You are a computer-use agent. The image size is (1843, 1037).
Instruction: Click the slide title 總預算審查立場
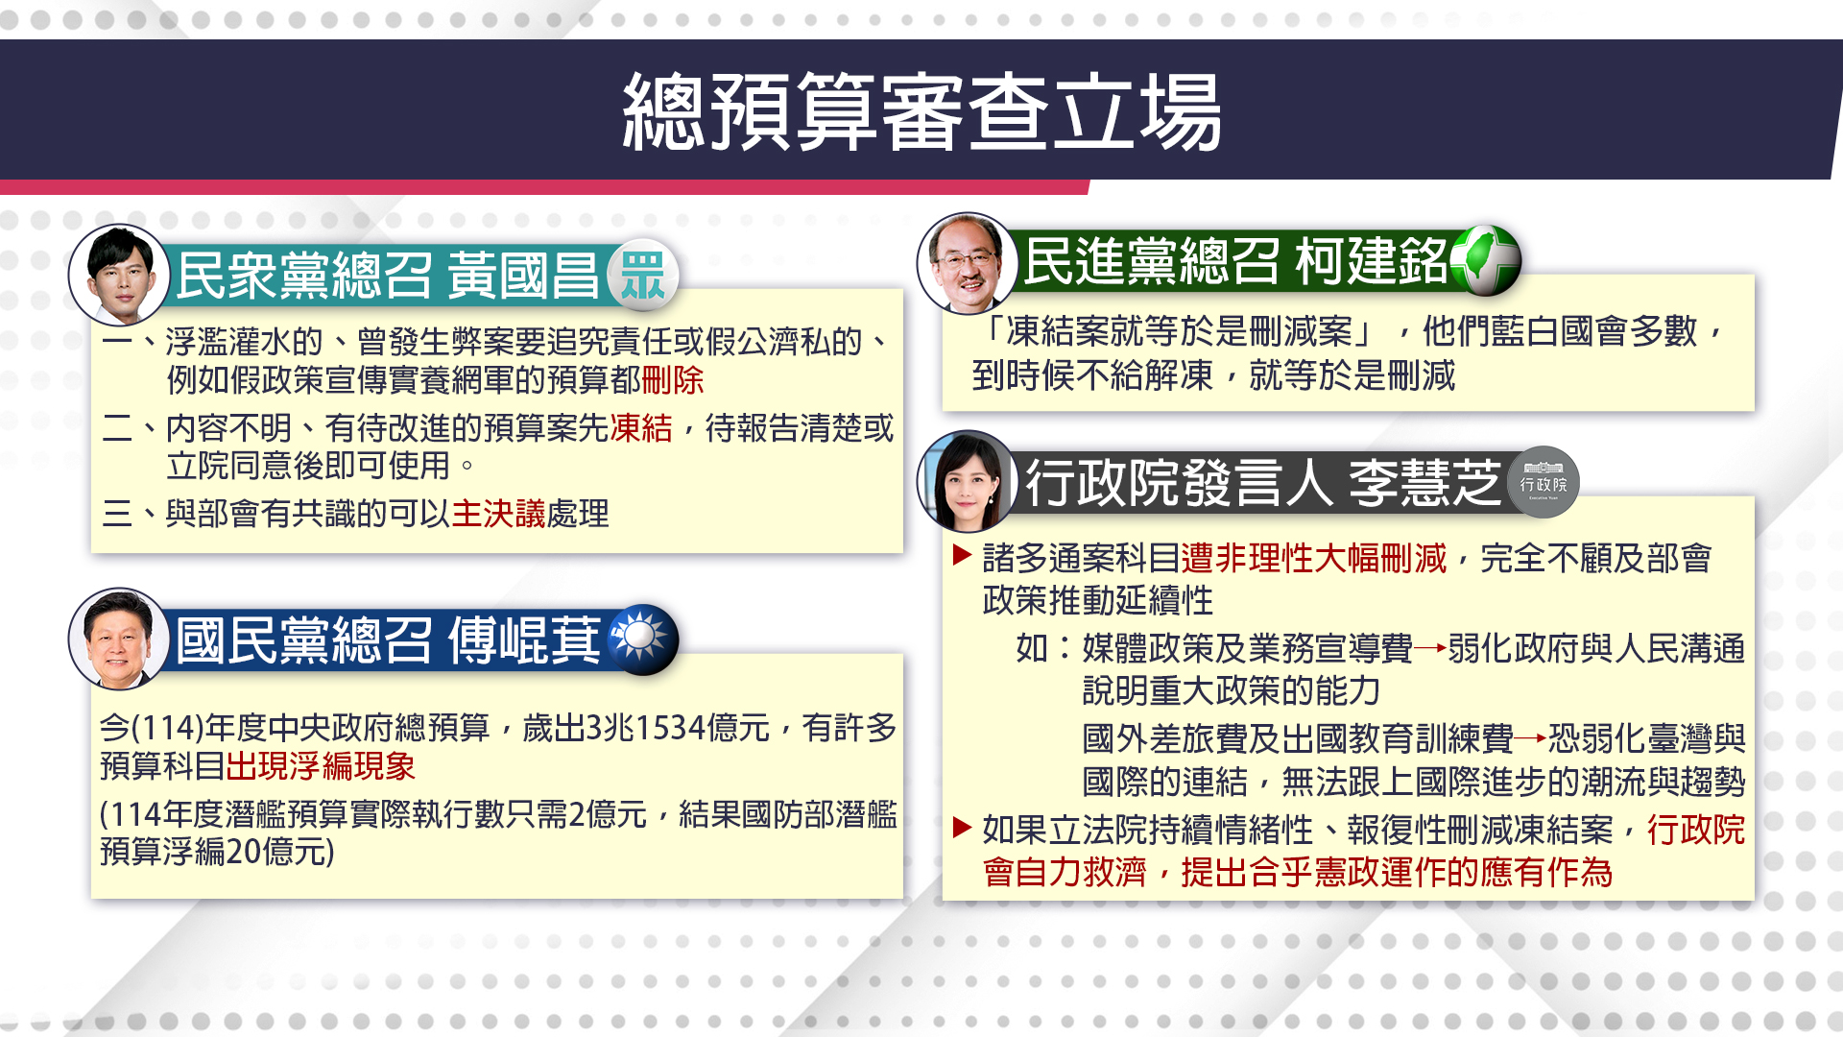point(921,112)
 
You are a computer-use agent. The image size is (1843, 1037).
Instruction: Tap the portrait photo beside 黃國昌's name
point(119,275)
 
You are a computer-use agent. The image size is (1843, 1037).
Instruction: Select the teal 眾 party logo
point(642,275)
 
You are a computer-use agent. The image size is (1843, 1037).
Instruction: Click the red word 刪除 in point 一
point(673,380)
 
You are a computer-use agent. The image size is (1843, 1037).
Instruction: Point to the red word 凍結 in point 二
point(641,428)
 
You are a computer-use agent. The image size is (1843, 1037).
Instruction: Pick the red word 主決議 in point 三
point(498,514)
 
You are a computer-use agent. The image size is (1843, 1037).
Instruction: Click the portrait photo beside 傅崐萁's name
point(119,639)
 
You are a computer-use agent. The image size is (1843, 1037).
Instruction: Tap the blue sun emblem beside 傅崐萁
point(642,639)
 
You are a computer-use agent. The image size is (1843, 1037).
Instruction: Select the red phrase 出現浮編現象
point(321,766)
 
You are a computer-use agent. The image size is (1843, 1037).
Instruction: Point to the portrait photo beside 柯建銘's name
point(968,263)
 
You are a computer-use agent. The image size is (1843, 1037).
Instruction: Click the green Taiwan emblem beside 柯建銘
point(1485,260)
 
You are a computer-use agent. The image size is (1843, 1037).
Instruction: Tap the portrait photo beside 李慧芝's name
point(968,481)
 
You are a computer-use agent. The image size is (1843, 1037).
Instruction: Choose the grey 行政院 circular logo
point(1544,482)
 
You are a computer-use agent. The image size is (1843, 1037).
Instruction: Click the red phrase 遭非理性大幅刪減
point(1313,558)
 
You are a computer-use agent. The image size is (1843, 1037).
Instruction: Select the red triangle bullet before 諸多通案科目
point(963,555)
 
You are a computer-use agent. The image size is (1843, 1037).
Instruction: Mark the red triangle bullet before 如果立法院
point(963,828)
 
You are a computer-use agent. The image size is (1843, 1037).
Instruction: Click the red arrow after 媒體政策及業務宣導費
point(1430,649)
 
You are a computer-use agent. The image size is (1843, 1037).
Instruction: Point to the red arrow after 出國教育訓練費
point(1531,738)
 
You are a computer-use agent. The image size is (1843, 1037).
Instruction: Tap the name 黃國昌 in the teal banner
point(524,276)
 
